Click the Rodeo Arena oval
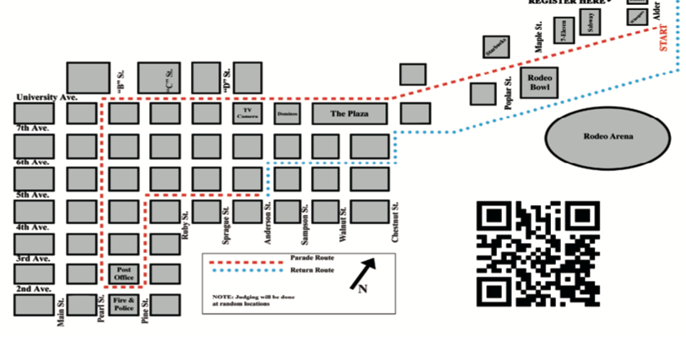point(608,137)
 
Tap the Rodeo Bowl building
point(540,83)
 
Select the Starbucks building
point(496,47)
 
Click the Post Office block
point(123,273)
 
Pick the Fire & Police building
point(123,304)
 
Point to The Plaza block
point(349,113)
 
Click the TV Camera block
point(248,113)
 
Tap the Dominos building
point(288,113)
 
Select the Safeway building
point(591,23)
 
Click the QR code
point(538,253)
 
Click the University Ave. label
point(46,97)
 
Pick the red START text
point(663,38)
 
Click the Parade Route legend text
point(312,258)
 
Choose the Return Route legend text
point(312,270)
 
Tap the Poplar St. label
point(508,92)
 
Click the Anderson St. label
point(268,223)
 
